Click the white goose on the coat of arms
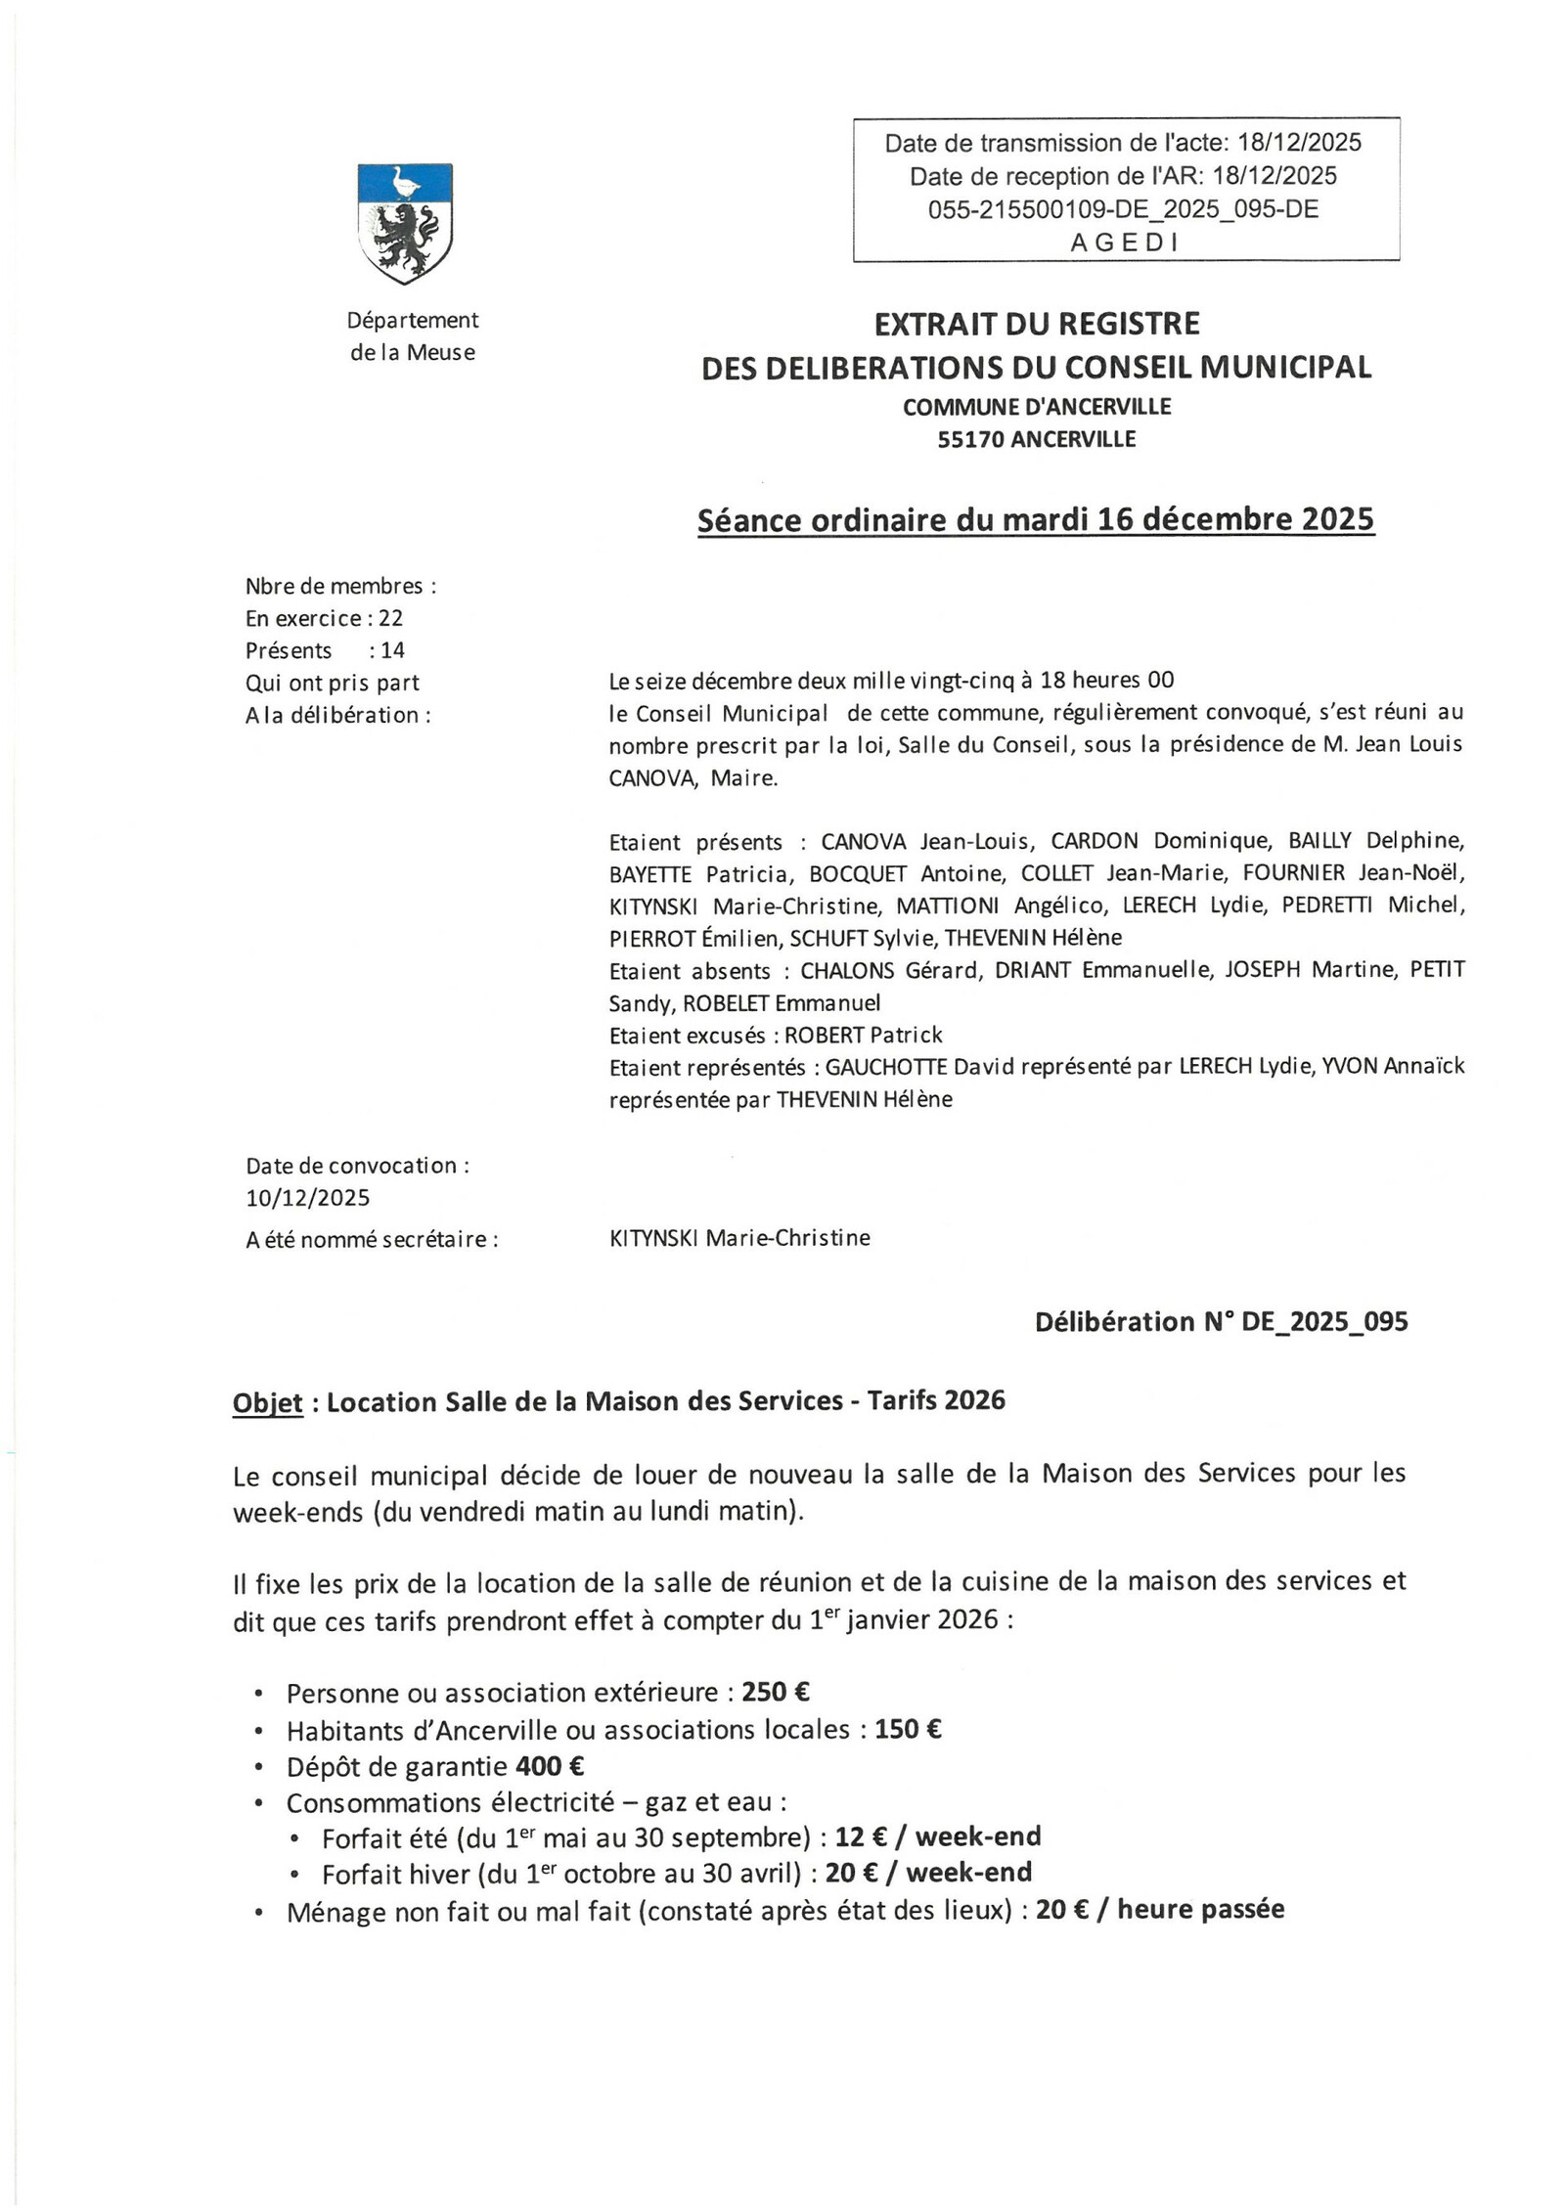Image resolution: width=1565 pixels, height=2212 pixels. pos(403,183)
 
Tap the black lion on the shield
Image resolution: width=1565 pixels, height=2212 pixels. pos(402,238)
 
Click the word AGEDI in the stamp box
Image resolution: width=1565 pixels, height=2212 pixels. pos(1124,243)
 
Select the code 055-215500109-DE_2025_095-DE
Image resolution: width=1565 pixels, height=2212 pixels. pos(1124,209)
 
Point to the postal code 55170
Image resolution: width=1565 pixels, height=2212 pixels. pos(969,439)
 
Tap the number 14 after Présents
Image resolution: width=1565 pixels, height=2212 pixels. pos(392,650)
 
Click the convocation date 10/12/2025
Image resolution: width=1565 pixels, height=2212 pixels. pos(307,1198)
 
